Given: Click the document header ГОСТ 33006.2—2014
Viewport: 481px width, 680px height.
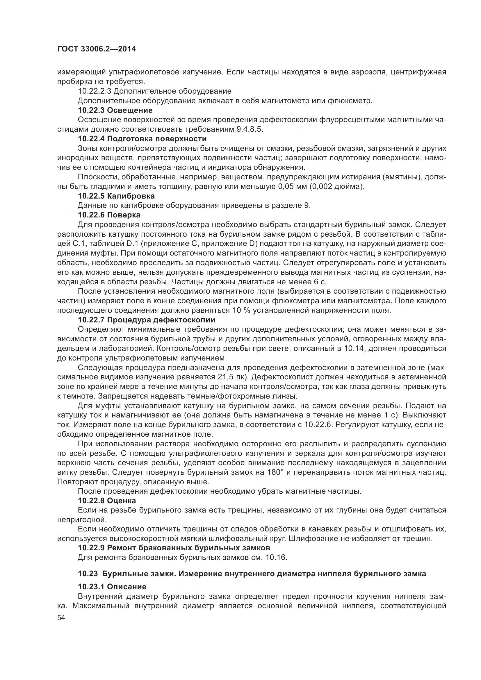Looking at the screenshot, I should (x=96, y=49).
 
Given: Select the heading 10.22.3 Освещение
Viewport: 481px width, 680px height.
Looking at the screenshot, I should (x=115, y=110).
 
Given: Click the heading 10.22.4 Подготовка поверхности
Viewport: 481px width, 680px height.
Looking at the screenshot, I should (x=142, y=139).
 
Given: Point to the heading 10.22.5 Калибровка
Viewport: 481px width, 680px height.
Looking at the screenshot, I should (x=116, y=196).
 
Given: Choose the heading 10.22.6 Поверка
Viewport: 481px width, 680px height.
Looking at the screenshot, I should (x=109, y=215).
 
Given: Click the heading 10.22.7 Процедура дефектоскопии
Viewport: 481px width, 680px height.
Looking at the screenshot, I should (x=146, y=320).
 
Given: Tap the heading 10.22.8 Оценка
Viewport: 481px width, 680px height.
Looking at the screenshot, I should (x=107, y=501).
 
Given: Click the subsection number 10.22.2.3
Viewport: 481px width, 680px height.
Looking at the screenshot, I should (x=95, y=91).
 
